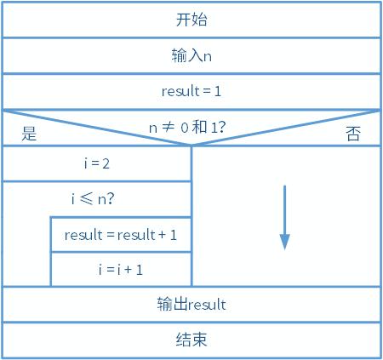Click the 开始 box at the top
191,20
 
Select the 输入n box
191,56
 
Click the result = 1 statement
191,92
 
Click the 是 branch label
29,134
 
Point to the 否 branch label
353,134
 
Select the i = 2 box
97,163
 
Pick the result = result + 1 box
121,235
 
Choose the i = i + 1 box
121,269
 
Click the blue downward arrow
284,217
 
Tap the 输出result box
191,304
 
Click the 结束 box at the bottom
191,340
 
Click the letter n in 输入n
207,56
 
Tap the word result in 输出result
206,304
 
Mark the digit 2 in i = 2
106,163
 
